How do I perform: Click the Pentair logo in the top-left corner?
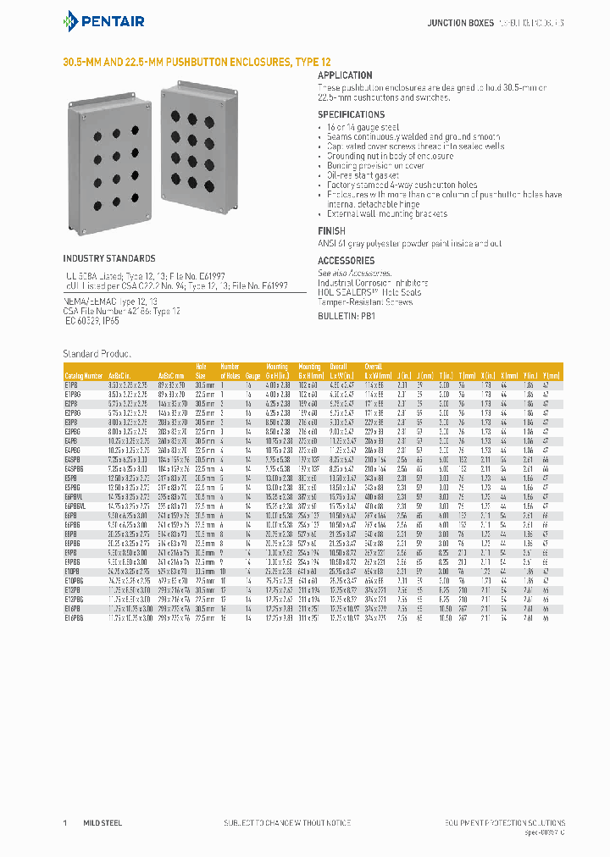tap(104, 20)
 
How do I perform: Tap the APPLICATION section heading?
tap(345, 75)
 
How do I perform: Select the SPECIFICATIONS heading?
tap(351, 114)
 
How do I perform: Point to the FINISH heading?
tap(331, 230)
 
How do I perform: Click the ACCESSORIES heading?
tap(346, 261)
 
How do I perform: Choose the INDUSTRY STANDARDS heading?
tap(109, 258)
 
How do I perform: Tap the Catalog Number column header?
tap(83, 374)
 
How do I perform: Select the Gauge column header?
tap(253, 374)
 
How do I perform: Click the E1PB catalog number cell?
tap(71, 384)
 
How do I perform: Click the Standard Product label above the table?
tap(97, 352)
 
